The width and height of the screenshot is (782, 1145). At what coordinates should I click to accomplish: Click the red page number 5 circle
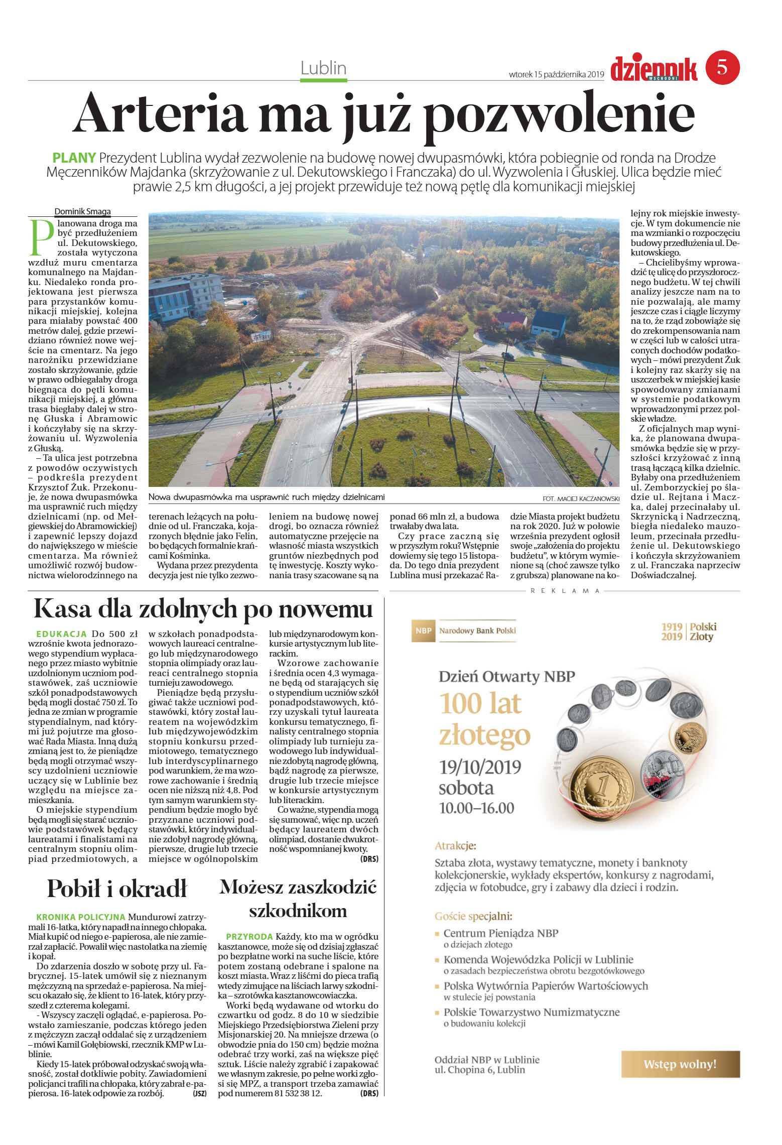(722, 67)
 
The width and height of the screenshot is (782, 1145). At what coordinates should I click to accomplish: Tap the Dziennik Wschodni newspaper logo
(654, 69)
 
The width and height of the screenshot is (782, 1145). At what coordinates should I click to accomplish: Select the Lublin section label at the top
(323, 68)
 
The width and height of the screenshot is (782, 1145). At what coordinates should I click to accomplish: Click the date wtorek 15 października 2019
(556, 74)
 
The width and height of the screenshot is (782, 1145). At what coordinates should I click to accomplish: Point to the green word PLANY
(74, 158)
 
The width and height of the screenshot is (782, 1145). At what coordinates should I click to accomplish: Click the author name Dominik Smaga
(82, 211)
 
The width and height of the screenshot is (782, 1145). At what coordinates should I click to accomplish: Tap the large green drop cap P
(41, 237)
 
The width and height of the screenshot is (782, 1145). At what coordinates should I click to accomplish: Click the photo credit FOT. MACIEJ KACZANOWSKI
(581, 498)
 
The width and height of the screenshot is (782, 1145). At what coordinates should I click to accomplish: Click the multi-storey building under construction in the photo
(186, 296)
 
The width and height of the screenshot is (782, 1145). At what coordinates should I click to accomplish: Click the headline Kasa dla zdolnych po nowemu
(203, 609)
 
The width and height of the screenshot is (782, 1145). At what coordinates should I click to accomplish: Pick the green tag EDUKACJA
(62, 634)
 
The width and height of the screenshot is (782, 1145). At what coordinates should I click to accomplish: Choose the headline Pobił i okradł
(116, 888)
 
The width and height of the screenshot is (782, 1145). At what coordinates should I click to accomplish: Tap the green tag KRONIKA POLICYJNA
(80, 917)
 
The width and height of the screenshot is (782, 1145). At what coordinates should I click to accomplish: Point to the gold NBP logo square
(423, 630)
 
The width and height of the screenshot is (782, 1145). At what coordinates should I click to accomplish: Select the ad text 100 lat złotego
(484, 719)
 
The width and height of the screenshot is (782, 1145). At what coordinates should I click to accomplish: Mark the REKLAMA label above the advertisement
(565, 591)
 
